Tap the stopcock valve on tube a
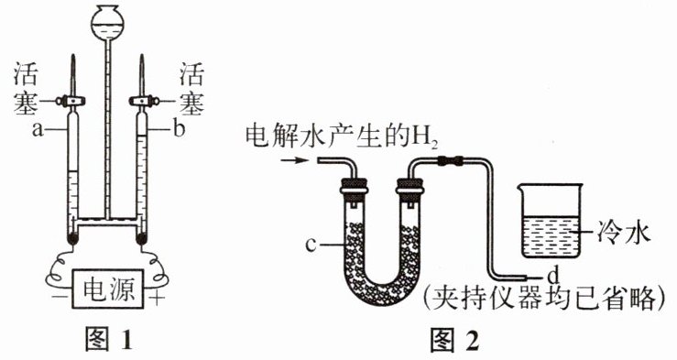coord(71,102)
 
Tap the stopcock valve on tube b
coord(144,102)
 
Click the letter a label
coord(38,129)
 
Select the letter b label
coord(179,128)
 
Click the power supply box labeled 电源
coord(107,289)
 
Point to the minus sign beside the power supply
coord(55,298)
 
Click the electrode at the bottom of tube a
coord(73,237)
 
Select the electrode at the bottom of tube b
coord(142,237)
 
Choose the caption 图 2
coord(454,340)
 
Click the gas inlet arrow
coord(295,160)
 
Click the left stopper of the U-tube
coord(355,188)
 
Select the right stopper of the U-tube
coord(409,188)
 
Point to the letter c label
coord(311,245)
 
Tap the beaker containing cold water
coord(549,220)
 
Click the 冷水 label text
coord(623,234)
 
